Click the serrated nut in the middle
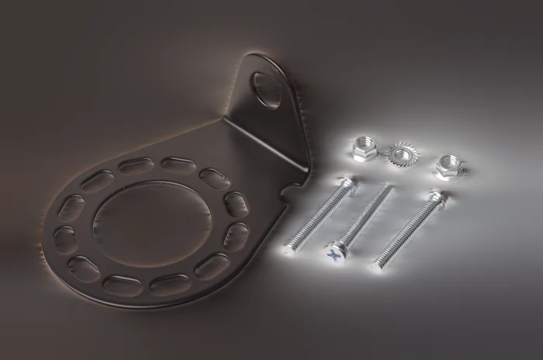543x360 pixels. tap(401, 154)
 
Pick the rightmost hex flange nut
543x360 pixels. tap(449, 166)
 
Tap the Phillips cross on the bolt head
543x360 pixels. tap(334, 253)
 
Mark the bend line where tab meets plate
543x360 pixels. tap(264, 144)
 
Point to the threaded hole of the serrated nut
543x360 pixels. tap(401, 154)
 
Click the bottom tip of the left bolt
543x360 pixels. tap(289, 250)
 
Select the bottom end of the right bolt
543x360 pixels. tap(379, 261)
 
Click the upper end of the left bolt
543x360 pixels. tap(348, 182)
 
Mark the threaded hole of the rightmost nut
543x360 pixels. tap(449, 164)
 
